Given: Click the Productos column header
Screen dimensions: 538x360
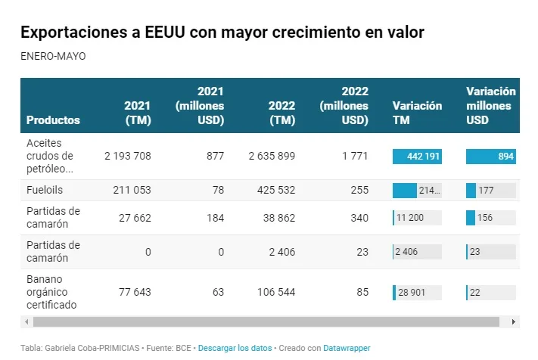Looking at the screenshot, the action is pos(53,120).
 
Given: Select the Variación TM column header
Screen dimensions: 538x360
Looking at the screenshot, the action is pos(417,113).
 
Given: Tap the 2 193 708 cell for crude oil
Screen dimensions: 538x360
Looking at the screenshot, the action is pos(128,156).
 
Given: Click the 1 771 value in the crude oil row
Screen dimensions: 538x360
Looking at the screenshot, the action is pos(355,156).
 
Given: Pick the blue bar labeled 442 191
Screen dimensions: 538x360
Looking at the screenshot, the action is pos(417,157).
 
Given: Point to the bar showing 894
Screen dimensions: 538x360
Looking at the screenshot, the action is pos(490,157).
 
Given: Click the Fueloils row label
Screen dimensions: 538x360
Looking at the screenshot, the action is pos(45,190).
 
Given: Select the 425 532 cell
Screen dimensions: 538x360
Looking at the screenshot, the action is pos(276,190).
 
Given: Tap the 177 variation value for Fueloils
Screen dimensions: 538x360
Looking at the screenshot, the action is pos(486,191).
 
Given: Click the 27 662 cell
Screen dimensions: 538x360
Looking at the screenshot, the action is pos(135,218).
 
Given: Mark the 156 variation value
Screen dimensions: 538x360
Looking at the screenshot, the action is pos(485,218).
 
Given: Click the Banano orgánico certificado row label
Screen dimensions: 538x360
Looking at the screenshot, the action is pos(51,292).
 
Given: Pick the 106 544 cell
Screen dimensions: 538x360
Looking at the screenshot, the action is pos(276,292).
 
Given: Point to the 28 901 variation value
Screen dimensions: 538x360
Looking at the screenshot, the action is pos(412,293).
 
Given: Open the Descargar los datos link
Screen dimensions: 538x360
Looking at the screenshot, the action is pos(235,348).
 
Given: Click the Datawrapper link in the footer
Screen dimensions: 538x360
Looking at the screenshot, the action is pos(347,348).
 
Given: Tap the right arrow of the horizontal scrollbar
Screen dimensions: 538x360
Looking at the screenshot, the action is pos(513,322).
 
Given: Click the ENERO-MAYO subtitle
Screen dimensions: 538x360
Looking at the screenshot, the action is pos(53,56).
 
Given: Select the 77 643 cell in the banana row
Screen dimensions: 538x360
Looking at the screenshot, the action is pos(135,292).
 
